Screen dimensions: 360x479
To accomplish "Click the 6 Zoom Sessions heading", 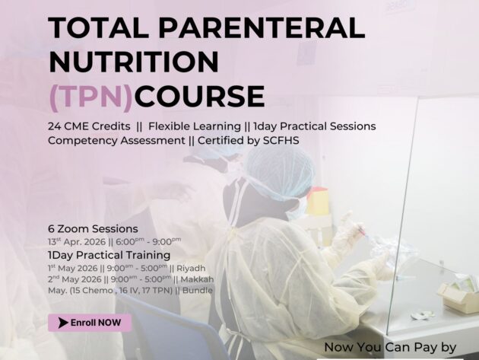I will tap(93, 228).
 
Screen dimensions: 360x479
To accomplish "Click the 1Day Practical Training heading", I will tap(109, 255).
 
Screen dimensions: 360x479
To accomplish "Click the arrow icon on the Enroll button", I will tap(62, 323).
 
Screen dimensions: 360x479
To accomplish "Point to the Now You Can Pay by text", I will tap(389, 347).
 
